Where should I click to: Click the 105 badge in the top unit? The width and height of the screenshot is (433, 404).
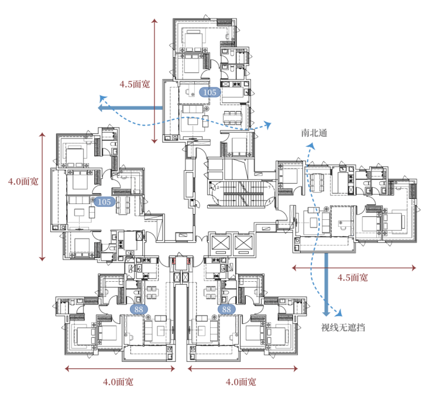click(208, 92)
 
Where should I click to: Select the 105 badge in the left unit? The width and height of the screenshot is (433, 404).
click(104, 202)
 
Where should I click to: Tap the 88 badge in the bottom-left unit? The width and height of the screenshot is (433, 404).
click(139, 309)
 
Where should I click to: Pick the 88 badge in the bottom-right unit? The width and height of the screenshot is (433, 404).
click(226, 309)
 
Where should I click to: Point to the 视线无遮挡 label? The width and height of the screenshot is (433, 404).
click(343, 327)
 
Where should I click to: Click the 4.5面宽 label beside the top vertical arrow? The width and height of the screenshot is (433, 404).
click(135, 84)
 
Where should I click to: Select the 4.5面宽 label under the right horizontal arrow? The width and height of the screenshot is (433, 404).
click(353, 278)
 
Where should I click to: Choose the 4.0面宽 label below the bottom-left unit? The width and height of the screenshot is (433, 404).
click(118, 382)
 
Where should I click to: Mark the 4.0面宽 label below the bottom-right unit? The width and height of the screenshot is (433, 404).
click(240, 382)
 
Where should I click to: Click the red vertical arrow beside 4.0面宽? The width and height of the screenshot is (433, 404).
click(42, 196)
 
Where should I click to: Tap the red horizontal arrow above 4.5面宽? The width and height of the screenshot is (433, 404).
click(354, 267)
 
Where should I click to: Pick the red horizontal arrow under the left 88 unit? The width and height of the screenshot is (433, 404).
click(120, 368)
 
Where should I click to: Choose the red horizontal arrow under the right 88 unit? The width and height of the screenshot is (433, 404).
click(242, 368)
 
